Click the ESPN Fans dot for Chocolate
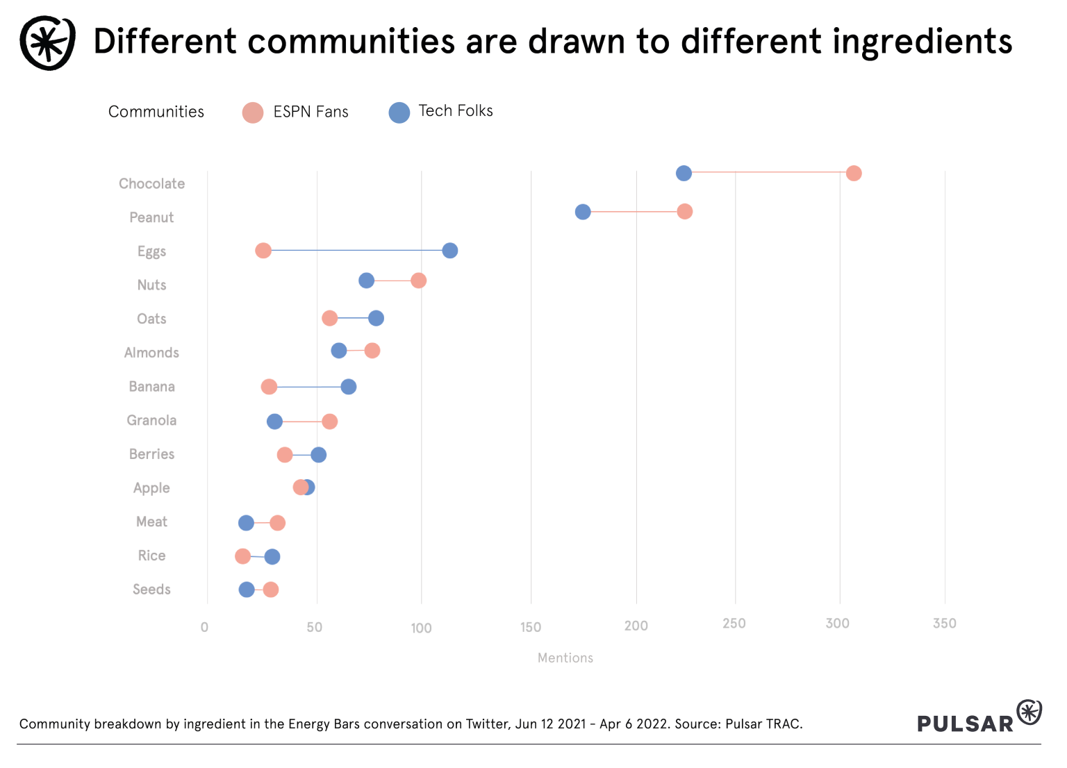(854, 174)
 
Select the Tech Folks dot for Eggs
(450, 251)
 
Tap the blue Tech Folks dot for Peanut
(583, 212)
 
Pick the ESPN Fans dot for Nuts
(418, 281)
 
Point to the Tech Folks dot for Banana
(349, 387)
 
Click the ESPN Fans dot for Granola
(330, 421)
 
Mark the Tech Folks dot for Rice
(272, 557)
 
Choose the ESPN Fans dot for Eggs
(263, 251)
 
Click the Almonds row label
(151, 353)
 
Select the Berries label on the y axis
(151, 454)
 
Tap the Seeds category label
(151, 590)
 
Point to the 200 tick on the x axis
(636, 626)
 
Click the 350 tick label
(944, 624)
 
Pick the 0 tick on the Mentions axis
(204, 628)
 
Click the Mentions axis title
(565, 658)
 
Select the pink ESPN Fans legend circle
(253, 112)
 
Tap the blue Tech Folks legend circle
(399, 112)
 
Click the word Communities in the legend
(156, 112)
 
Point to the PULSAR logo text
(965, 724)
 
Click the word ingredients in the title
(922, 42)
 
